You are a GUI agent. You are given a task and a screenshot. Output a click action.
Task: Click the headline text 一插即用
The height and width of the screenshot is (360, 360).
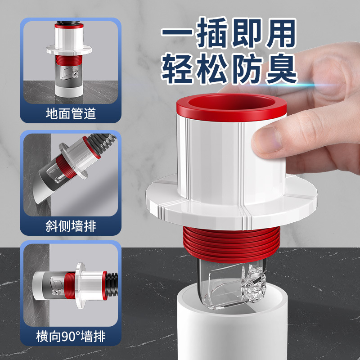(229, 34)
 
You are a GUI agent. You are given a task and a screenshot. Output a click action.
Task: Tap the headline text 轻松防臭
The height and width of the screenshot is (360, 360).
(229, 70)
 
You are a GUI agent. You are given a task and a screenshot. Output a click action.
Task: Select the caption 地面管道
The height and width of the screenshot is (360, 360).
(71, 113)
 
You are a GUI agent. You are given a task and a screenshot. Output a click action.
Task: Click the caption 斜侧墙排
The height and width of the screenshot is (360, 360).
(71, 225)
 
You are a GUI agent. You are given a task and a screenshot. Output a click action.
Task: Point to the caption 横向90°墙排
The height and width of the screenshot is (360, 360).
(71, 336)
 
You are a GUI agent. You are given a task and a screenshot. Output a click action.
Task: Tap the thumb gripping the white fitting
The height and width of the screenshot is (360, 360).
(270, 139)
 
